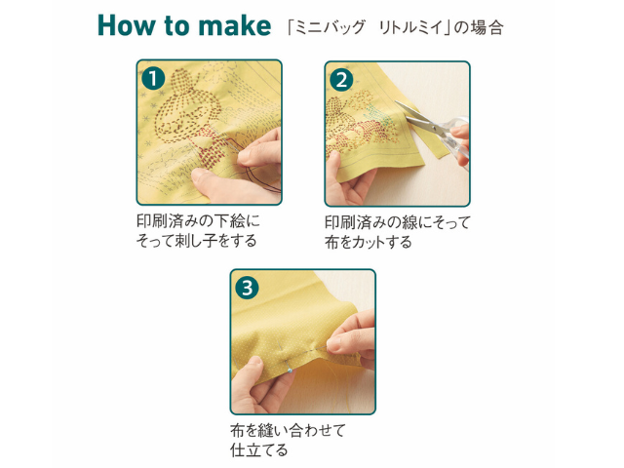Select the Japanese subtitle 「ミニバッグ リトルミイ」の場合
pos(395,27)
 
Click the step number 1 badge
pos(153,78)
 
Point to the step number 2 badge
pos(341,80)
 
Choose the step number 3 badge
pos(247,288)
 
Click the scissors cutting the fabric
pos(434,128)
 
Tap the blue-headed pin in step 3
pos(291,370)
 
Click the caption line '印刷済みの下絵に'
pos(198,221)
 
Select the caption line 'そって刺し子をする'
pos(196,241)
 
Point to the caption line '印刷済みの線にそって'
pos(398,222)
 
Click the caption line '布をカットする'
pos(369,242)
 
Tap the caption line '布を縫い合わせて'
pos(289,430)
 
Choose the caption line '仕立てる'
pos(258,450)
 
